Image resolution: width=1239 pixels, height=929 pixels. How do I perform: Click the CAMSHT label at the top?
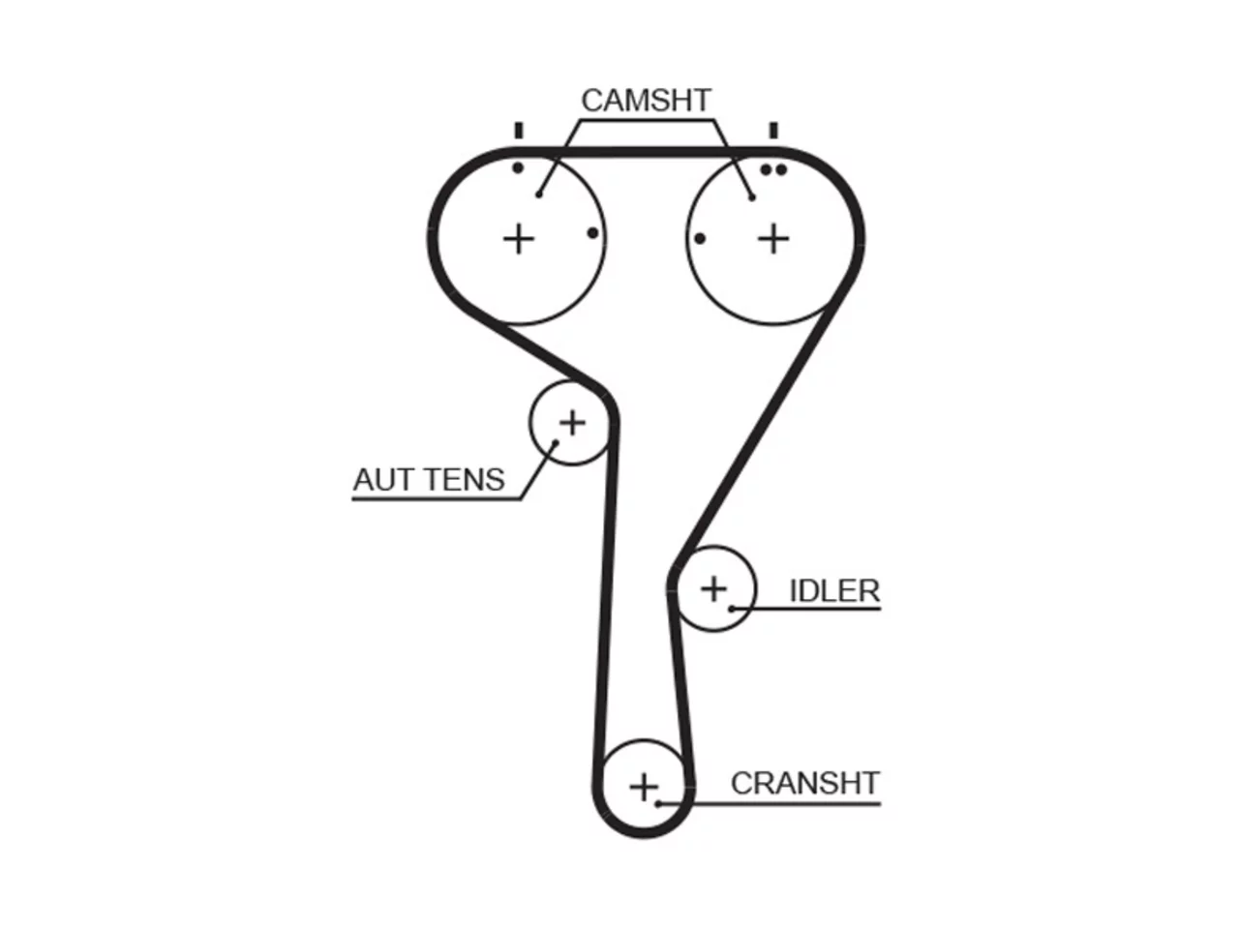pyautogui.click(x=646, y=101)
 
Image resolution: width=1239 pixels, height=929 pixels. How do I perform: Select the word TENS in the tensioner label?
pyautogui.click(x=466, y=479)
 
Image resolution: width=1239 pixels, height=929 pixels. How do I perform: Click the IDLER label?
pyautogui.click(x=834, y=591)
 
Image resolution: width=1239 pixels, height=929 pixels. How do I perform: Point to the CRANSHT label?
pyautogui.click(x=805, y=783)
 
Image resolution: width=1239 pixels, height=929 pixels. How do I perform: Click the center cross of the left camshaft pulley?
pyautogui.click(x=518, y=239)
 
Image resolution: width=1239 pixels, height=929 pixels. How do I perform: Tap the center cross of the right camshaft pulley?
pyautogui.click(x=773, y=239)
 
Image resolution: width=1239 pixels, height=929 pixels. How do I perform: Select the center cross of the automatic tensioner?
pyautogui.click(x=572, y=423)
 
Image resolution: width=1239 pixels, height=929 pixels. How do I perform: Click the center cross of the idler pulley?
pyautogui.click(x=714, y=589)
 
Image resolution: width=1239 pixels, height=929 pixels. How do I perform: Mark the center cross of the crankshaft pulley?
pyautogui.click(x=644, y=787)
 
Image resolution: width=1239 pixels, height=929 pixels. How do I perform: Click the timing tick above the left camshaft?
pyautogui.click(x=519, y=131)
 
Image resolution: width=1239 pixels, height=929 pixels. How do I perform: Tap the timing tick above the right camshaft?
pyautogui.click(x=773, y=131)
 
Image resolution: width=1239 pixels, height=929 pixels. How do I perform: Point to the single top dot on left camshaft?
pyautogui.click(x=518, y=167)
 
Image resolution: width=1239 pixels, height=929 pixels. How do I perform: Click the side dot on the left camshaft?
pyautogui.click(x=592, y=233)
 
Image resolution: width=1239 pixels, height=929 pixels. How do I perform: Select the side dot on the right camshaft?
pyautogui.click(x=700, y=239)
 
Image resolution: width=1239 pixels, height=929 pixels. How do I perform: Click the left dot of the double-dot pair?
pyautogui.click(x=766, y=169)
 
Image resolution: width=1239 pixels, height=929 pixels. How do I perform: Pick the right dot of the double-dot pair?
pyautogui.click(x=780, y=169)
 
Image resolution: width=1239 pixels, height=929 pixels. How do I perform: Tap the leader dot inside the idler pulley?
pyautogui.click(x=732, y=610)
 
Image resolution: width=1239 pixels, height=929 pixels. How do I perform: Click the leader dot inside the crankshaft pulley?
pyautogui.click(x=658, y=804)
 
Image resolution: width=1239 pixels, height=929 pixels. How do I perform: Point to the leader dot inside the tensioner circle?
pyautogui.click(x=555, y=443)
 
